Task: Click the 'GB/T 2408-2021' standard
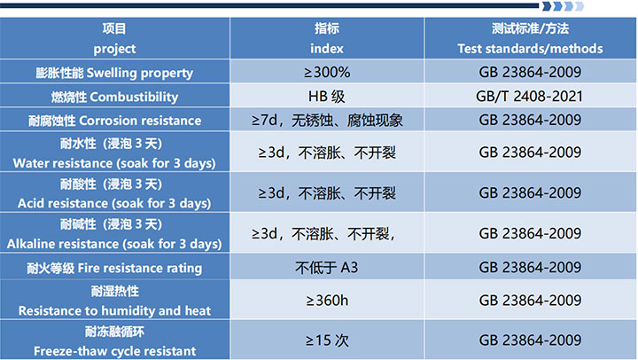click(x=530, y=97)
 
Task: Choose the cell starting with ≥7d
click(x=327, y=121)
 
